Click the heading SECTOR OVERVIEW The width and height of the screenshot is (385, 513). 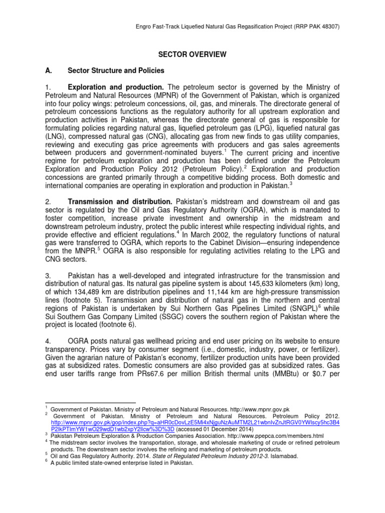tap(193, 54)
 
